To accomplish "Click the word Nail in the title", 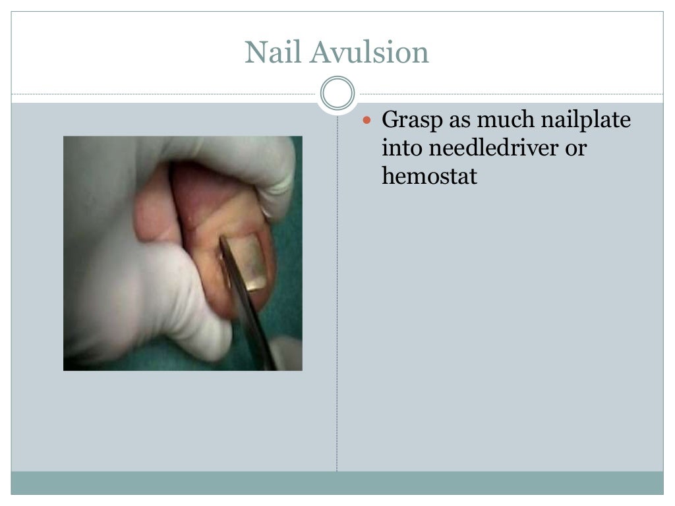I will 272,53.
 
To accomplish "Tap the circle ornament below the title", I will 337,94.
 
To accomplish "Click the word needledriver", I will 494,149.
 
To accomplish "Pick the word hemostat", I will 429,177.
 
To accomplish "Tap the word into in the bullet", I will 402,149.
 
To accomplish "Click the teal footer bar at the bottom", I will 337,482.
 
